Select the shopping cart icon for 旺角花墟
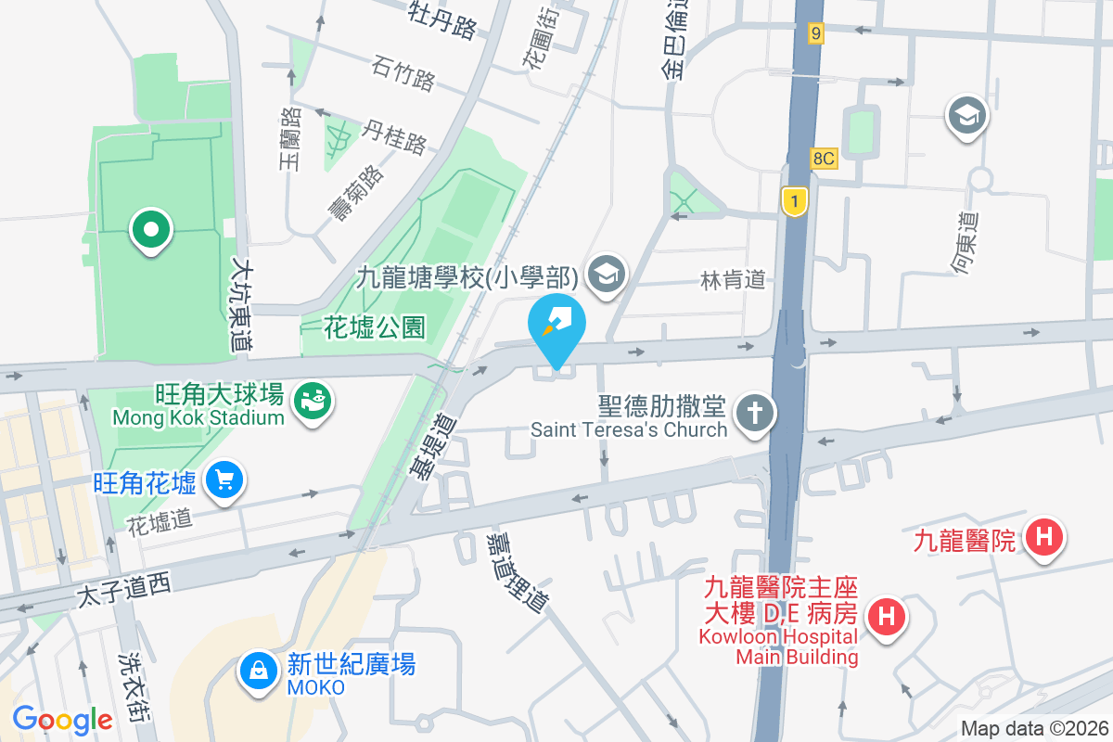click(224, 480)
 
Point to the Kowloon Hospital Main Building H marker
click(887, 616)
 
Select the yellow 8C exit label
click(823, 159)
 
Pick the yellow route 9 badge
click(815, 33)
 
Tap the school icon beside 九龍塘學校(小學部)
click(608, 274)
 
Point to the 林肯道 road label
click(734, 279)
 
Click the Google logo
click(62, 719)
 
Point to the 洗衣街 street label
click(134, 685)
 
